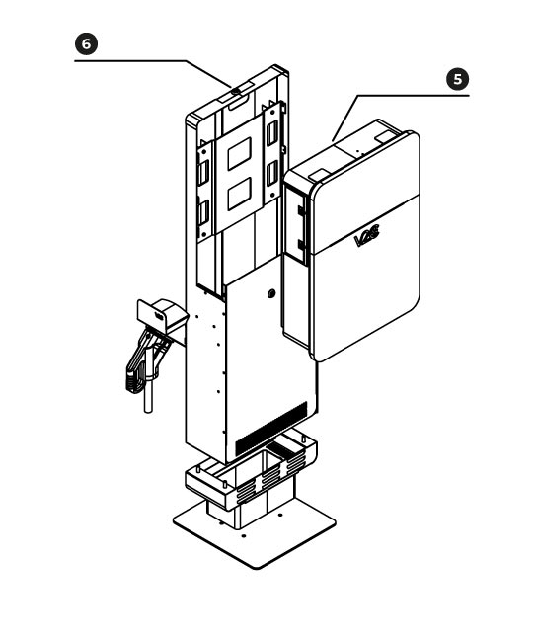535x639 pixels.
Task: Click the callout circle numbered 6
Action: coord(86,44)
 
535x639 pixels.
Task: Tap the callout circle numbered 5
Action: coord(458,79)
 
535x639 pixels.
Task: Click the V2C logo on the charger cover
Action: coord(367,236)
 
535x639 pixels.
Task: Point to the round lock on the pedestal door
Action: coord(271,293)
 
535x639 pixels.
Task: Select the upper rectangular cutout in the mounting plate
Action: coord(240,154)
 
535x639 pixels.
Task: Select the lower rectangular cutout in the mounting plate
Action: coord(240,194)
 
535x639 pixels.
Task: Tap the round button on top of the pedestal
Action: coord(236,92)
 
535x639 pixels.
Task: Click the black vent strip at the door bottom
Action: coord(271,429)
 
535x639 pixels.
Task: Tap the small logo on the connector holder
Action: coord(159,316)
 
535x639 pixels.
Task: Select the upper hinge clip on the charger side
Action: coord(301,211)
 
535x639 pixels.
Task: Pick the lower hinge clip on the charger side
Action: coord(301,245)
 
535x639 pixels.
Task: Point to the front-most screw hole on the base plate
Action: coord(244,535)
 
